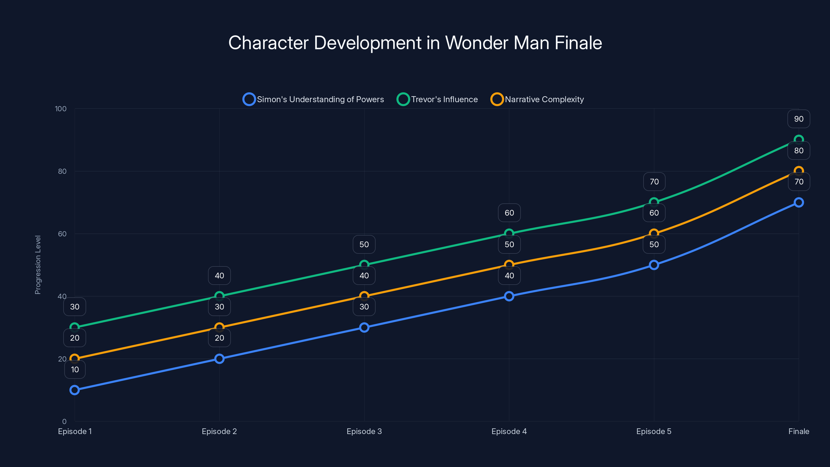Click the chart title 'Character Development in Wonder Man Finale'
415,43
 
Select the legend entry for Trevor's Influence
437,99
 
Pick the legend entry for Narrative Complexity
537,99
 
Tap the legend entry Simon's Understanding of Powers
313,99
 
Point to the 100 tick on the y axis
61,109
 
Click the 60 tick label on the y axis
62,234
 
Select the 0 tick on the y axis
64,421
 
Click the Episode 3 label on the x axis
364,431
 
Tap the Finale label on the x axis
799,431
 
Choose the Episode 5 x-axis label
654,431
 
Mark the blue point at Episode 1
74,390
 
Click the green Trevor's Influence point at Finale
799,140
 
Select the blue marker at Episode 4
509,296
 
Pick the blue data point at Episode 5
654,265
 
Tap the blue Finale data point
799,202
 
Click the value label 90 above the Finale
799,119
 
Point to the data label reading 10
75,369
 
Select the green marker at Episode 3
364,265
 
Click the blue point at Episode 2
219,359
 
